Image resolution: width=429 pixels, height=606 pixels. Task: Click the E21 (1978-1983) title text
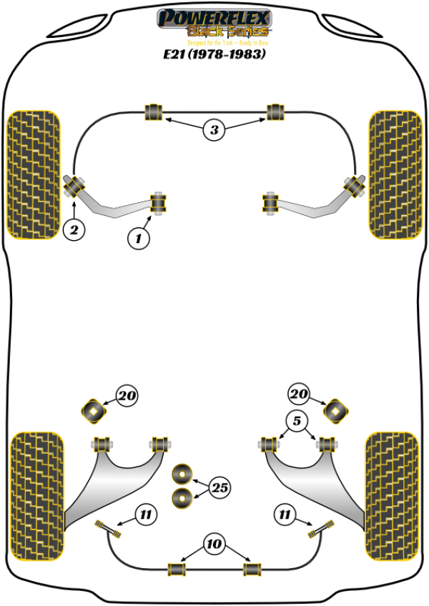tap(214, 53)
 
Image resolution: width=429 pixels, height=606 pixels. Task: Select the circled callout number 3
tap(214, 130)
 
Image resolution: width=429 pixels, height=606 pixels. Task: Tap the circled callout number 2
tap(74, 230)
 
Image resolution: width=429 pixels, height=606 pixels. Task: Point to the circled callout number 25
tap(222, 488)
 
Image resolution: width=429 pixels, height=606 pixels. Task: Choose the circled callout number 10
tap(213, 545)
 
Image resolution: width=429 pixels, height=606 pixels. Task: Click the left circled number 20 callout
tap(127, 395)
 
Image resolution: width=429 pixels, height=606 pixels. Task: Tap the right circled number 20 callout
tap(300, 394)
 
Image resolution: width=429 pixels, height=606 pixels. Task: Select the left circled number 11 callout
tap(145, 513)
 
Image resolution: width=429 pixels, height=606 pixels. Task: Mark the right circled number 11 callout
tap(284, 513)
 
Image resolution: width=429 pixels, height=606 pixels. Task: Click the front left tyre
tap(33, 174)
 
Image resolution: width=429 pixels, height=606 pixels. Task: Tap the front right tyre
tap(394, 174)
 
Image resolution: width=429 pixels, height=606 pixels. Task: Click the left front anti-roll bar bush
tap(154, 112)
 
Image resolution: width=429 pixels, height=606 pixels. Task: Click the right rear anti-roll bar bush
tap(251, 569)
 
